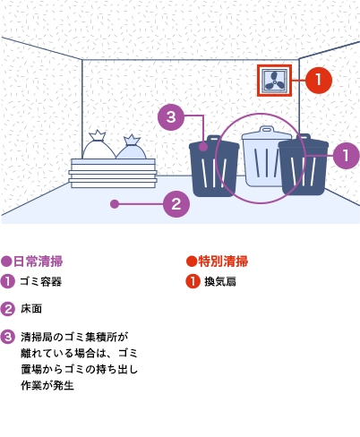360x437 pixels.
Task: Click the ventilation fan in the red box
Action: point(275,81)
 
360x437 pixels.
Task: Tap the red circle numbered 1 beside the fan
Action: point(319,81)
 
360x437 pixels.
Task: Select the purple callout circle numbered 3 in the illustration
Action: point(171,117)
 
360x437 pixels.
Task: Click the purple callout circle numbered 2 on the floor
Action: point(176,204)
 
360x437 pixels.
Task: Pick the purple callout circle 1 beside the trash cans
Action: point(346,156)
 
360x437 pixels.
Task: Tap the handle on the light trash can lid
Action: point(267,129)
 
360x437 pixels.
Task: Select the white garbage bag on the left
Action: point(99,145)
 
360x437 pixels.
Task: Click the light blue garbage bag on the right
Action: point(131,148)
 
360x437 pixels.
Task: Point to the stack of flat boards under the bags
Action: point(113,173)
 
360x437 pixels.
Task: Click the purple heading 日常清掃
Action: point(38,261)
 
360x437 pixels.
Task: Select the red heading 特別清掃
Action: point(223,261)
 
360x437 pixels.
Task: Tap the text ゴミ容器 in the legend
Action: point(41,281)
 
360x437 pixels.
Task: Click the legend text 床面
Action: point(31,309)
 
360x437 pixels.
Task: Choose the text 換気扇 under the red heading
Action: point(220,281)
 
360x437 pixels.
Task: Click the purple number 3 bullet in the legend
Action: point(7,337)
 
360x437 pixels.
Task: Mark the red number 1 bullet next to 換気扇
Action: point(193,281)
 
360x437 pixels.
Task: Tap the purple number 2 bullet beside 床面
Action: point(7,309)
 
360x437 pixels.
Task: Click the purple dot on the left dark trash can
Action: point(203,147)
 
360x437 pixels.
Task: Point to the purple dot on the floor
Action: point(115,204)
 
